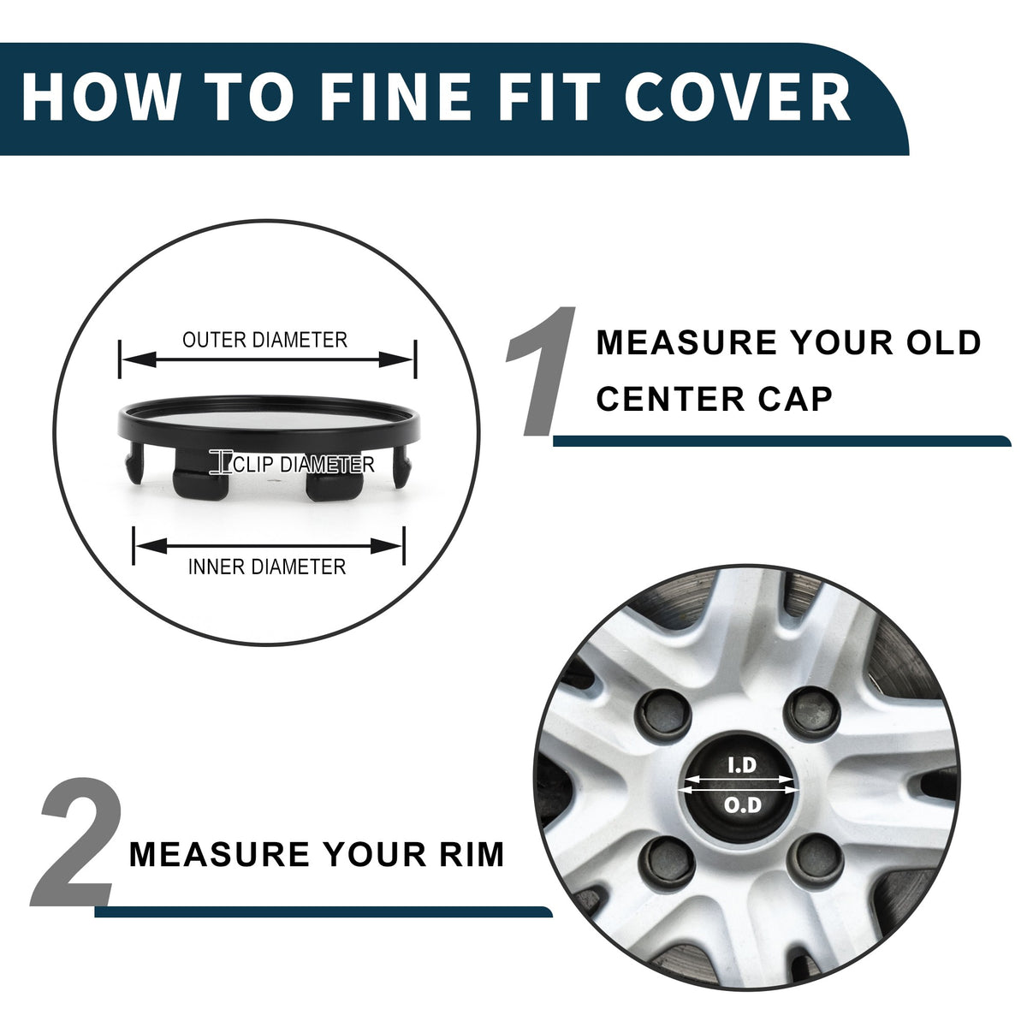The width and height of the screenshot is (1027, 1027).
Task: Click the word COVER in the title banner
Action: (x=737, y=97)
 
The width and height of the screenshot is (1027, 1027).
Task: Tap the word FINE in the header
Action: (x=395, y=97)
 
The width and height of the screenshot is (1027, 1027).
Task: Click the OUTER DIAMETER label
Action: (x=264, y=340)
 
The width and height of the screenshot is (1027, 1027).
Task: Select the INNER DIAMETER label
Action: (x=267, y=567)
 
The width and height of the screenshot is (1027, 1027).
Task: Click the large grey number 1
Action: (x=539, y=371)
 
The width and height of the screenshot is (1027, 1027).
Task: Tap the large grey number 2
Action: (x=75, y=841)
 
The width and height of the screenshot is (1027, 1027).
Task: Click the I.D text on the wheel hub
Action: (x=742, y=765)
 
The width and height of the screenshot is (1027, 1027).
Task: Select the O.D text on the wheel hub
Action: (x=742, y=804)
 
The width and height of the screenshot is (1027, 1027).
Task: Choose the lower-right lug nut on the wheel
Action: (x=815, y=859)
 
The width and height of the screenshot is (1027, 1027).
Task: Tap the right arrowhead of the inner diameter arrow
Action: (x=386, y=546)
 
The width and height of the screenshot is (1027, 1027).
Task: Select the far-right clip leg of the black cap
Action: (x=401, y=466)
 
